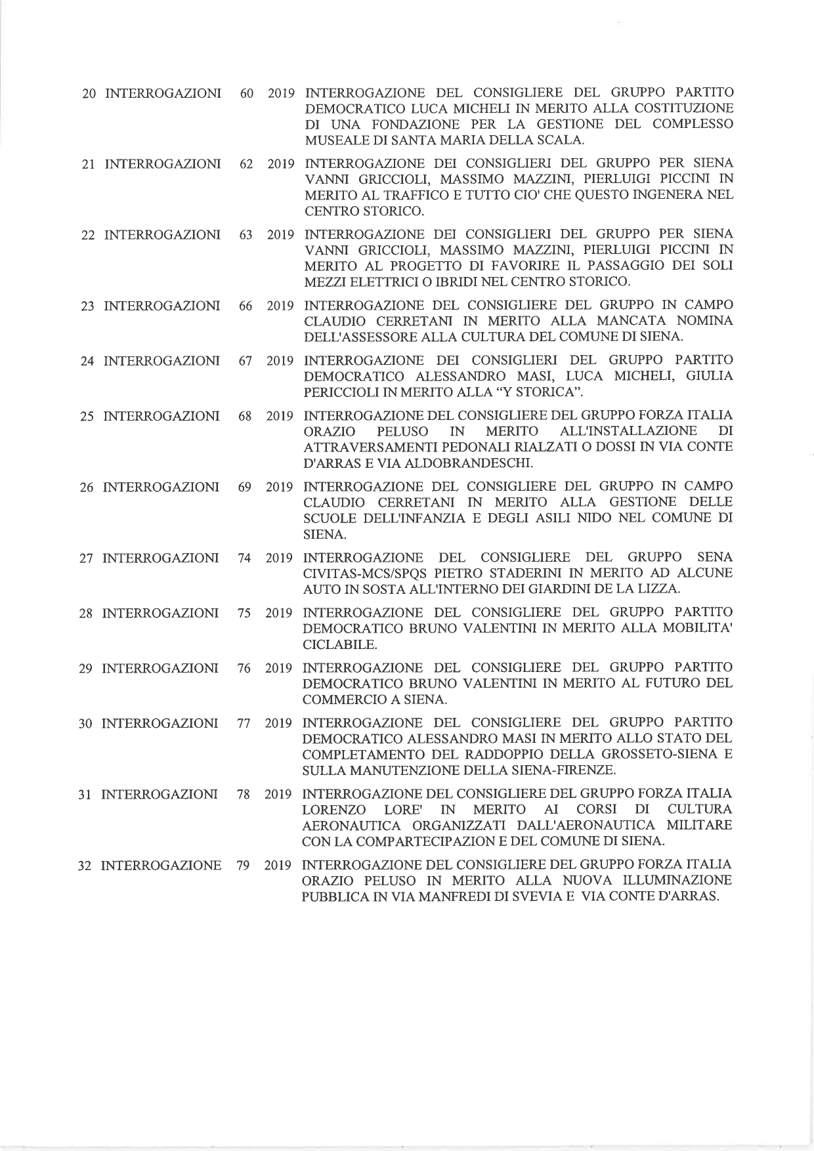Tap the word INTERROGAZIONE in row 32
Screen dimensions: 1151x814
pos(160,866)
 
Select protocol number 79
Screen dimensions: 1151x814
pos(243,866)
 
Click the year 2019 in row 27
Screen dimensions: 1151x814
pos(279,558)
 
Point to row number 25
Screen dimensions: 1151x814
pos(87,417)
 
